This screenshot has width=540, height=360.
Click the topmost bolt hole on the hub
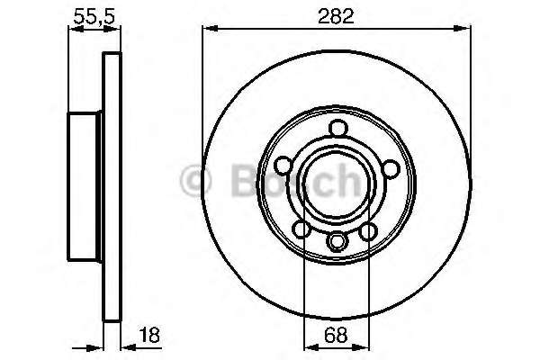337,128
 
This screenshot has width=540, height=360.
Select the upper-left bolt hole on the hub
283,166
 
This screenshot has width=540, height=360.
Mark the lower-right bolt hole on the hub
368,232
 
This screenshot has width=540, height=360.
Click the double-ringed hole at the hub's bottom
337,241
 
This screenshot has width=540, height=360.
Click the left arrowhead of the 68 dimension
309,346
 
